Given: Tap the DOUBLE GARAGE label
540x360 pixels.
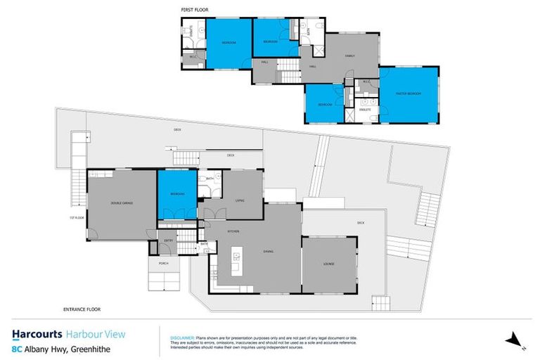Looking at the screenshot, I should (122, 203).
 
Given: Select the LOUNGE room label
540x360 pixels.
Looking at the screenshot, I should (328, 264).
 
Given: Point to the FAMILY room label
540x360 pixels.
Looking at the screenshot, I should (349, 56).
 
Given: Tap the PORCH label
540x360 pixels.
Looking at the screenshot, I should (163, 264).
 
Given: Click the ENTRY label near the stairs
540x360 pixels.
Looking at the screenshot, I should (169, 240).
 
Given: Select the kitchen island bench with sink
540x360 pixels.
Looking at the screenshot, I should (237, 264).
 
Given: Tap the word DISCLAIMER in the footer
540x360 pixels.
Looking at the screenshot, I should (183, 337).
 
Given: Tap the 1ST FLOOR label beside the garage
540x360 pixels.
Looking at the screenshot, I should (77, 218).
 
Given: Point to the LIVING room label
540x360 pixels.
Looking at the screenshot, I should (238, 200).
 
